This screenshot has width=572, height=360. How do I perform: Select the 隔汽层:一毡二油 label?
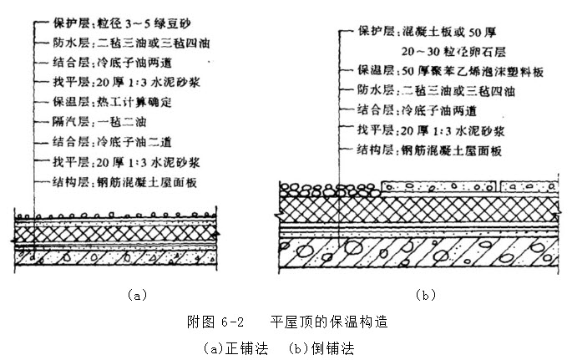(88, 121)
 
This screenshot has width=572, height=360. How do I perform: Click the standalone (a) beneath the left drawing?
(137, 294)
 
